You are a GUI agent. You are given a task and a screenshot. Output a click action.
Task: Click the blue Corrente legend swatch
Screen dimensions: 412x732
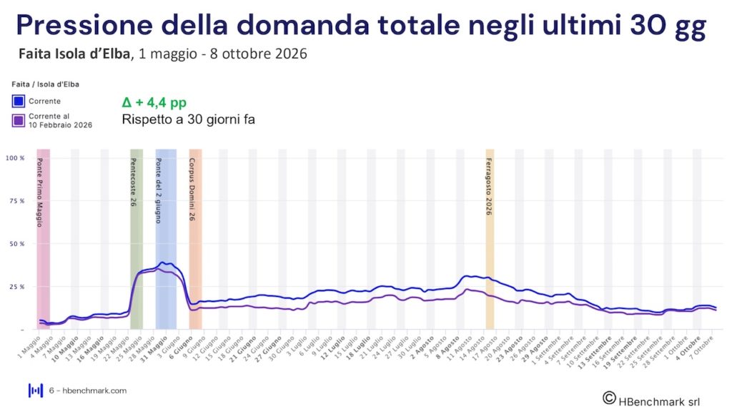tap(19, 101)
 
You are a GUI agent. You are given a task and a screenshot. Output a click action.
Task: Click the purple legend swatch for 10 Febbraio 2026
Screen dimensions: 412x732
tap(19, 120)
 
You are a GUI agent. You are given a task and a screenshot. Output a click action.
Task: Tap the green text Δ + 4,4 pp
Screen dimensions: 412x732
tap(154, 102)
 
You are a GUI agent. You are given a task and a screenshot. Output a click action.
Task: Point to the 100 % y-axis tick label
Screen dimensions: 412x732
tap(15, 157)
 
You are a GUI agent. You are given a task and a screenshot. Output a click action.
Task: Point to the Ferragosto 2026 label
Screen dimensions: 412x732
tap(489, 186)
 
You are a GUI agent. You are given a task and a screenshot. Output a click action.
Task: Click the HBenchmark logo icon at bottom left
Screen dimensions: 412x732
tap(35, 391)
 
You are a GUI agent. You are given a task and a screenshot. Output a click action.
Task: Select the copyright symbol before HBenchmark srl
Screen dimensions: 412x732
tap(609, 397)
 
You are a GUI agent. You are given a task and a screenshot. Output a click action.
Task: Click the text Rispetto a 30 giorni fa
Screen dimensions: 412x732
tap(189, 119)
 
